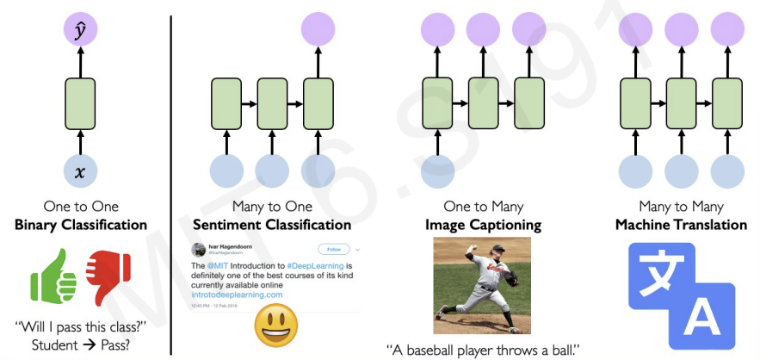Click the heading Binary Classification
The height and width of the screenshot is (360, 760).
pyautogui.click(x=80, y=225)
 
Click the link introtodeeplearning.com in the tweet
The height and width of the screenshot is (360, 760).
pyautogui.click(x=237, y=295)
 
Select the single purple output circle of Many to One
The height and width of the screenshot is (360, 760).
pyautogui.click(x=318, y=30)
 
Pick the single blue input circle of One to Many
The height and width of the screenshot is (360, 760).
pyautogui.click(x=437, y=171)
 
